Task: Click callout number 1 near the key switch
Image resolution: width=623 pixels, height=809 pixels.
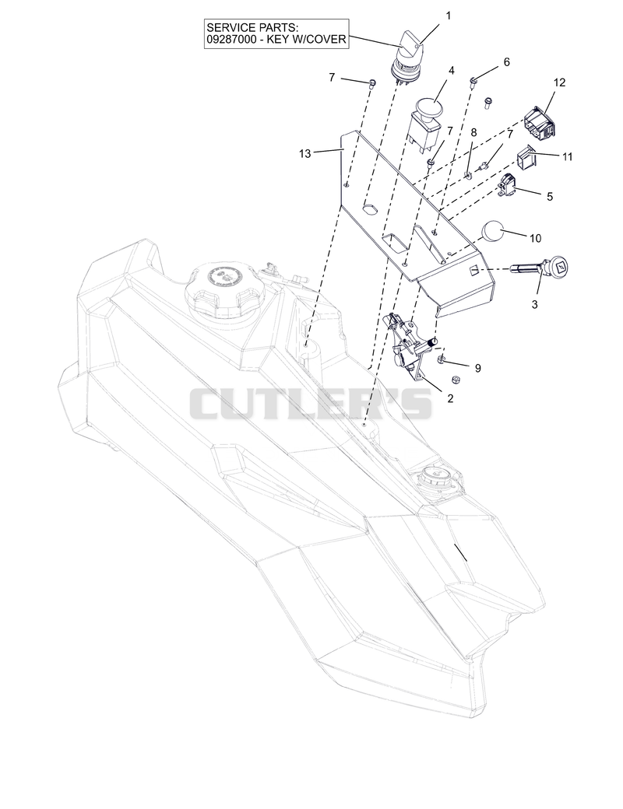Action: coord(448,16)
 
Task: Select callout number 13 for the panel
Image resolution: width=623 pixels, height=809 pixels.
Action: coord(304,153)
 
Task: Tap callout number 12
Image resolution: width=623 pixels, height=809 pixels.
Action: coord(559,82)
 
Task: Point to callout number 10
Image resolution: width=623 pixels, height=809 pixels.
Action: coord(535,238)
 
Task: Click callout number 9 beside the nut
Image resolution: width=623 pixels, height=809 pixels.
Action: coord(478,368)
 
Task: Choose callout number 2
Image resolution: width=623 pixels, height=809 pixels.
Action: coord(450,398)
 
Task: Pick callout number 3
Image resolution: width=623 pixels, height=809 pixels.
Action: coord(535,304)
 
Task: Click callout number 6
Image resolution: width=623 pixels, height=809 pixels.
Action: coord(506,62)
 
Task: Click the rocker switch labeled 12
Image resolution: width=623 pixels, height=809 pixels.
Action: coord(540,123)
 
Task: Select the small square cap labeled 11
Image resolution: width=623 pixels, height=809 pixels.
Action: coord(526,156)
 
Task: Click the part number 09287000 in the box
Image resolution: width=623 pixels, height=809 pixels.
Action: coord(231,39)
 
